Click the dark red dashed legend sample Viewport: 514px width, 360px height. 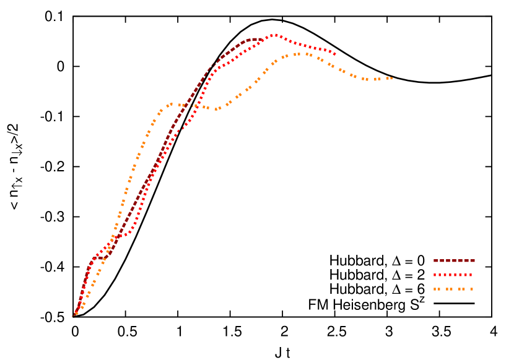click(454, 261)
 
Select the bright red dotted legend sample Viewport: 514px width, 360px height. click(453, 275)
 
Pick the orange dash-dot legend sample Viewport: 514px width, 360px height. click(453, 289)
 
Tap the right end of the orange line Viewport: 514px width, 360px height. click(391, 78)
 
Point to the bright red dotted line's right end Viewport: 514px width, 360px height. click(335, 53)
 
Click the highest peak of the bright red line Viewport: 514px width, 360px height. click(275, 35)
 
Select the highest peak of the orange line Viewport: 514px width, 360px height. click(298, 54)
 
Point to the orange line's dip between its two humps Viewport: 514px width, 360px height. click(216, 109)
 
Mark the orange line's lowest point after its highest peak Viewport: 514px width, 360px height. click(367, 79)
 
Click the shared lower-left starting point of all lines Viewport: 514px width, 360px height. click(74, 315)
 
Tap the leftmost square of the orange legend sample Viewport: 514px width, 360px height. click(435, 289)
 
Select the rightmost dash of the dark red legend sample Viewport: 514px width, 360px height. click(473, 261)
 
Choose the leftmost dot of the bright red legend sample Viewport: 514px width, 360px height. click(435, 275)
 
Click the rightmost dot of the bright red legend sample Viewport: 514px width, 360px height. click(471, 275)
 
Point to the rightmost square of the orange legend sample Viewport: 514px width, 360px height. click(471, 289)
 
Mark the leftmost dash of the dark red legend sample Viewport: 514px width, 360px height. click(436, 261)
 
